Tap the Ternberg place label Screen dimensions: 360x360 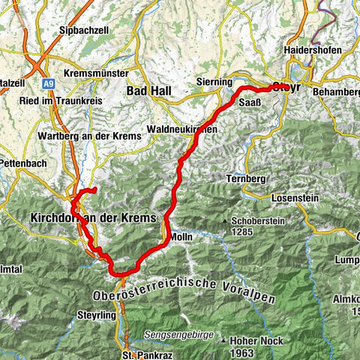coord(244,180)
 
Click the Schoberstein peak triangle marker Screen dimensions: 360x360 coord(225,221)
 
